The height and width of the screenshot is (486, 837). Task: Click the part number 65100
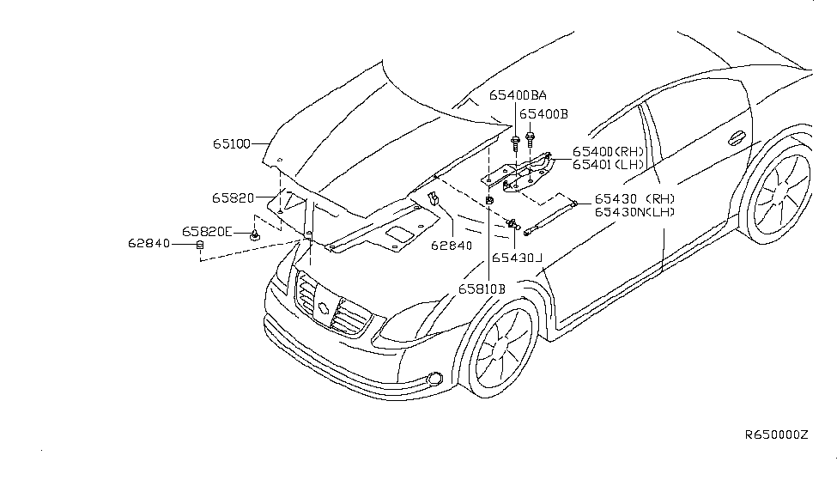(232, 144)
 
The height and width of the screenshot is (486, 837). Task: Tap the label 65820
(232, 197)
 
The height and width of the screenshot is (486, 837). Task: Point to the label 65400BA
(518, 95)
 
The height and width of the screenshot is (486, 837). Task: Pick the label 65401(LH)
(609, 163)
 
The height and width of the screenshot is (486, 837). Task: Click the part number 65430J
(518, 258)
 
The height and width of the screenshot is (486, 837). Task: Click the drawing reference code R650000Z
(776, 435)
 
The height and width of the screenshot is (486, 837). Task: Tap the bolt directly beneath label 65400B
(531, 136)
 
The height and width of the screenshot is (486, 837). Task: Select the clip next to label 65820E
(256, 234)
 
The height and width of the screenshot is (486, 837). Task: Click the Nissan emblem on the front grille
(324, 307)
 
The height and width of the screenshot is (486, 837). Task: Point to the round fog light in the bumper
(435, 379)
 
